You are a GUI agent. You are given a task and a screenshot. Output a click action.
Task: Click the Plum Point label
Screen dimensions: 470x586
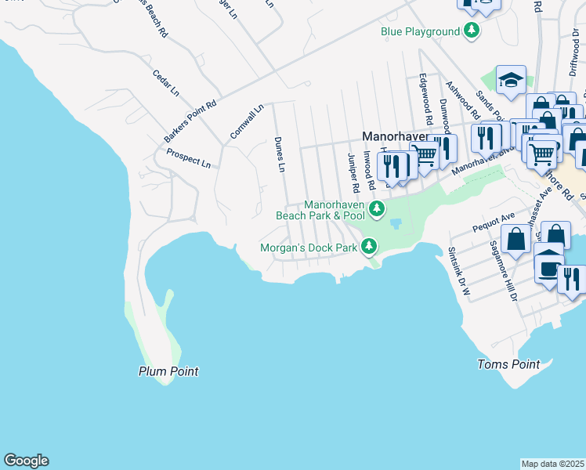click(168, 371)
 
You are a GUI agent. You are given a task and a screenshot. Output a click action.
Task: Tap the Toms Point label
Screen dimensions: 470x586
click(508, 364)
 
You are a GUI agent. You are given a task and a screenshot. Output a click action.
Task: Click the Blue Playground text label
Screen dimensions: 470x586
click(420, 32)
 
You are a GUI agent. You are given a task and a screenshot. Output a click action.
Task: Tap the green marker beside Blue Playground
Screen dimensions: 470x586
click(472, 31)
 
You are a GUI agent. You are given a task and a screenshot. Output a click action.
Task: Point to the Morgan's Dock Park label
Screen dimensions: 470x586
click(309, 248)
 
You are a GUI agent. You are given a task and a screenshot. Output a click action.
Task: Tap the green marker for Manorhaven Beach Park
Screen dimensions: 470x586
click(377, 208)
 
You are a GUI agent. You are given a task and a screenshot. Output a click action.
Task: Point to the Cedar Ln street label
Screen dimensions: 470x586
click(166, 83)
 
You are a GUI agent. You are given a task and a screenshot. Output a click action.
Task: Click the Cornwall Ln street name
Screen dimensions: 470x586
click(247, 122)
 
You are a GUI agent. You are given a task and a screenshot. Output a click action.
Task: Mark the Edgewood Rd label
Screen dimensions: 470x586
click(425, 100)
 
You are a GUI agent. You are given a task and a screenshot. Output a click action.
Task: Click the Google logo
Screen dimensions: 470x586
click(26, 461)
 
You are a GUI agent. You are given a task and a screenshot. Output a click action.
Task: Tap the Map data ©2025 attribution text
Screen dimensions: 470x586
click(552, 464)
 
